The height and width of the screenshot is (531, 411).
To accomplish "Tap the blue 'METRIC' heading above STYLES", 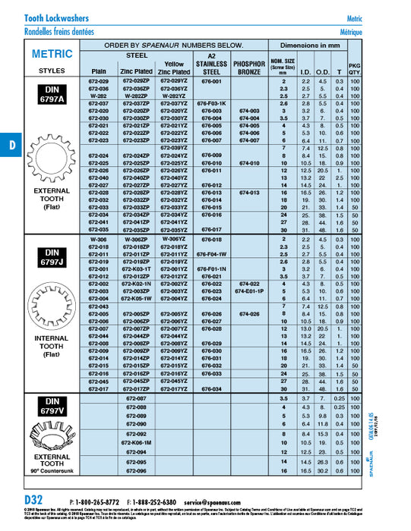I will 52,55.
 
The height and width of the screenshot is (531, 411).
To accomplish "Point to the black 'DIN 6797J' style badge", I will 52,255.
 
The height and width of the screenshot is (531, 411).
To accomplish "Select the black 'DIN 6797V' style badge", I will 52,406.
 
